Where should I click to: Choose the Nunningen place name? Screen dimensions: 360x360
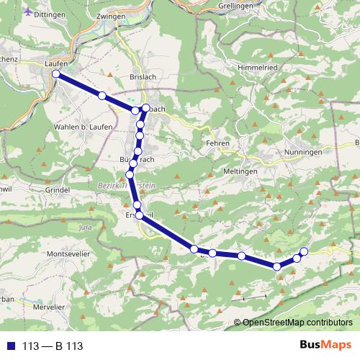pos(303,152)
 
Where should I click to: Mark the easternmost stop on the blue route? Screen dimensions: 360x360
pos(304,251)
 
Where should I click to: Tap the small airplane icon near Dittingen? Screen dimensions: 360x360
pos(28,11)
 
